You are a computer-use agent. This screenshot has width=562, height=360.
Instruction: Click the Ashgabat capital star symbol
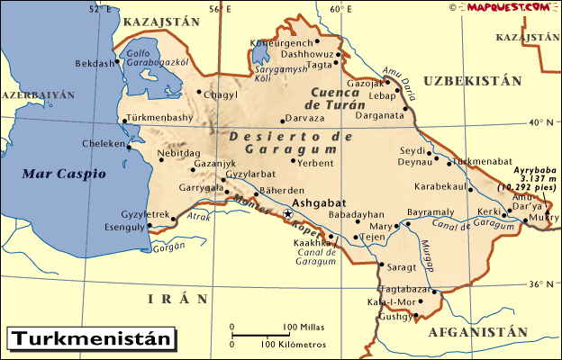pos(288,214)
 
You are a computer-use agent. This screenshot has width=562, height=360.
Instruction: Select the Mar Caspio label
pos(64,173)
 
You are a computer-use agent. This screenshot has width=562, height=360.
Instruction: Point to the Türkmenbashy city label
pos(158,118)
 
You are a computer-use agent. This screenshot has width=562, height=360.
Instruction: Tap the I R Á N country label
pos(178,298)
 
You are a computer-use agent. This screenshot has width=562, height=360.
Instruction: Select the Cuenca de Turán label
pos(343,98)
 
